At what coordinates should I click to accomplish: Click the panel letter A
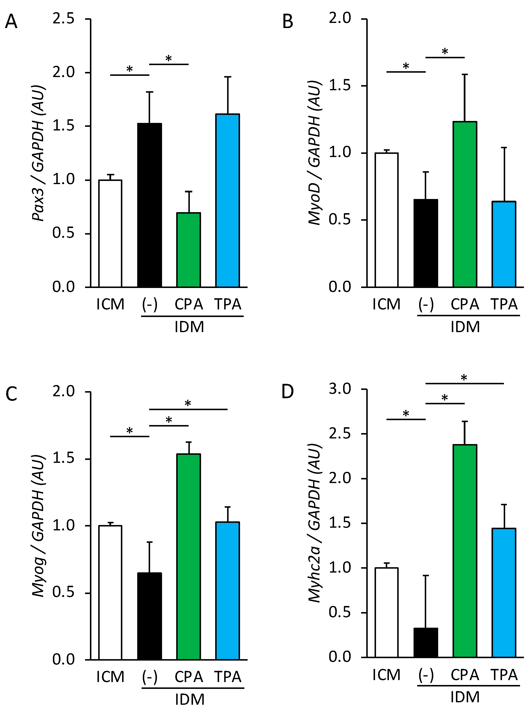(11, 22)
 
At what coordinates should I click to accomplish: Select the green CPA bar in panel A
(189, 250)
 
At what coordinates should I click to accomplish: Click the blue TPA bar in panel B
(504, 244)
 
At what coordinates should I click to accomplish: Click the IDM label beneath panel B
(465, 327)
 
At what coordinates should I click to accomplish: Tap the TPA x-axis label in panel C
(228, 677)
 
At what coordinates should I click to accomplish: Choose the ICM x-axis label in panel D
(386, 675)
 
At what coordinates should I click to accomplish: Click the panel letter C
(11, 394)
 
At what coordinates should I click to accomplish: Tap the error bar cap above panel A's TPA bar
(228, 77)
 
